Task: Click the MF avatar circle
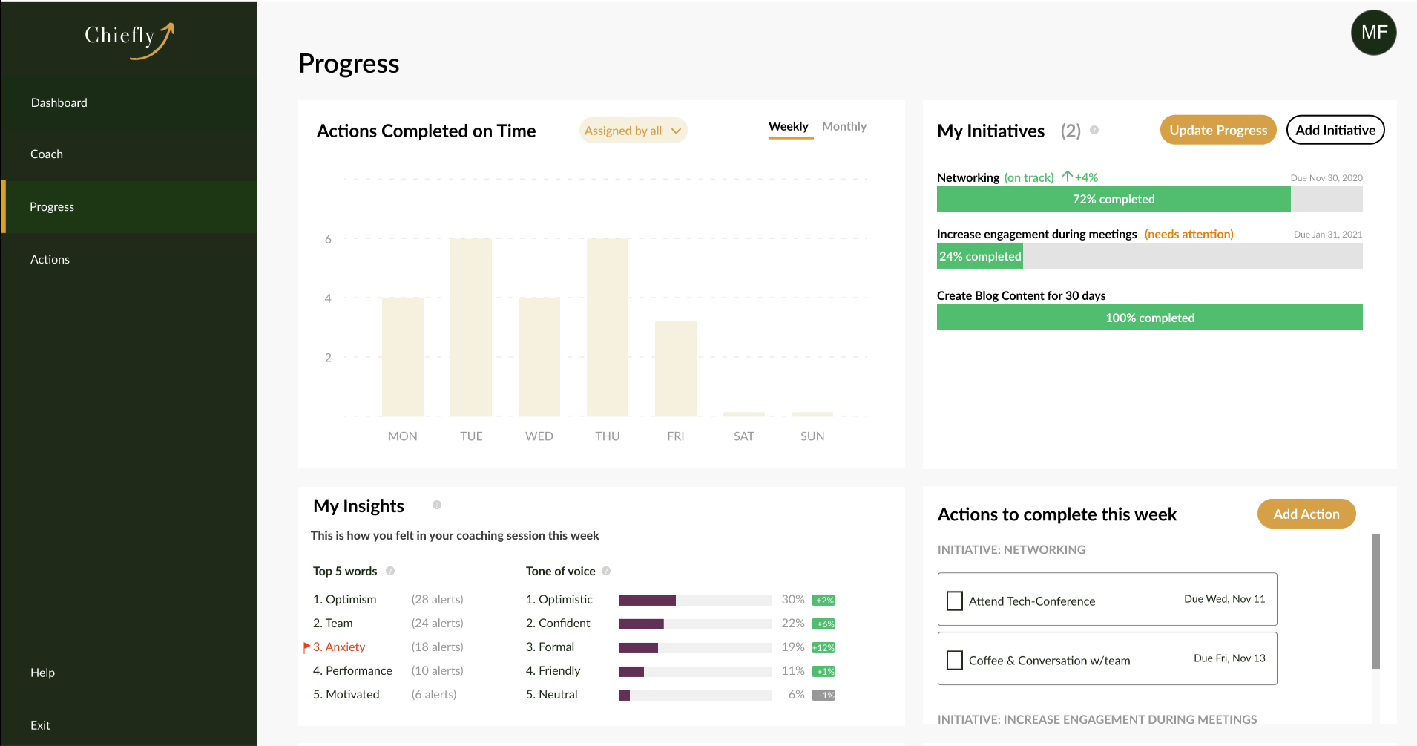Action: (1373, 33)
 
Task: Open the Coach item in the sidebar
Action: (47, 154)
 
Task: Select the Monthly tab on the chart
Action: (844, 127)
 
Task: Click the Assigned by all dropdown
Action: (633, 131)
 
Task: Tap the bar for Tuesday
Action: (470, 327)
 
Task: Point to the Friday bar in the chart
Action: (675, 368)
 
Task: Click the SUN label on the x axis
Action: (812, 436)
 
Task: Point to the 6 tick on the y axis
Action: (328, 239)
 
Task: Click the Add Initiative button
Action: (1335, 130)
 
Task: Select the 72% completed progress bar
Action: (1113, 199)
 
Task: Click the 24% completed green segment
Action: (979, 256)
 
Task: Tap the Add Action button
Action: (1306, 514)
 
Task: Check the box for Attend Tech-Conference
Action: (955, 601)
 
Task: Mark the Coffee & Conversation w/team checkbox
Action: (955, 660)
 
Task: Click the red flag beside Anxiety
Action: (306, 647)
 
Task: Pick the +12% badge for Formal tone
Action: (823, 647)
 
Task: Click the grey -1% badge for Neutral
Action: (823, 695)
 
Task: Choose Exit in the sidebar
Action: (41, 725)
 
